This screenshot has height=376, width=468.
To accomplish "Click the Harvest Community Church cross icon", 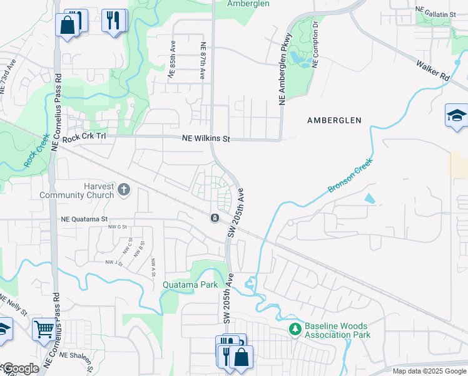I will coord(124,189).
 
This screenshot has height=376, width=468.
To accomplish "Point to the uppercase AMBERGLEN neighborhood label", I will coord(334,120).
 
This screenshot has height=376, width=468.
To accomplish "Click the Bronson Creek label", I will coord(350,175).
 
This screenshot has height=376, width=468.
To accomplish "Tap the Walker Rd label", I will coord(433,69).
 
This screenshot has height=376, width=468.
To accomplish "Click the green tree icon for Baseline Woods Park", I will coord(295,328).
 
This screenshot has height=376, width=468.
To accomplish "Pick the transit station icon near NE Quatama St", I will coord(215,217).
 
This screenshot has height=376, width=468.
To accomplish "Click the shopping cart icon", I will coord(43,328).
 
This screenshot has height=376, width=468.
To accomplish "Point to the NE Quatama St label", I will coord(85,219).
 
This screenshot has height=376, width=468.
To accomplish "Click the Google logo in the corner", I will coord(20,369).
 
